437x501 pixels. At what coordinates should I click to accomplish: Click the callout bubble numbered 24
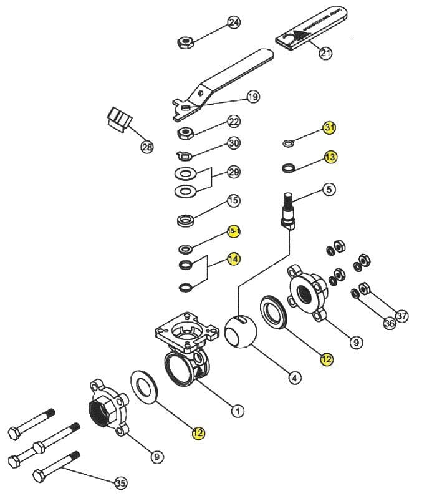(234, 23)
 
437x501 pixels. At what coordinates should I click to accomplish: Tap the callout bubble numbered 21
(325, 53)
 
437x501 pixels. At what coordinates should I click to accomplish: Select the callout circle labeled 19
(252, 97)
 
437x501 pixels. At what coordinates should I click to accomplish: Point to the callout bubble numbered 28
(147, 148)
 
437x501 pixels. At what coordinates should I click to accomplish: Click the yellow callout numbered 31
(330, 128)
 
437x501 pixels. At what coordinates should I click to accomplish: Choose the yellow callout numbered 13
(330, 157)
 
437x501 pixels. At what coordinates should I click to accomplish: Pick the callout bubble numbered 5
(329, 188)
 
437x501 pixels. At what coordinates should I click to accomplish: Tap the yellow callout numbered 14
(234, 258)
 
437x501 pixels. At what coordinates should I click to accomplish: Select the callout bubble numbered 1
(238, 411)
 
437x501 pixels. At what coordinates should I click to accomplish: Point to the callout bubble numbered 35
(120, 482)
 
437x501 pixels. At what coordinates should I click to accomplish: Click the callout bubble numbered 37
(402, 316)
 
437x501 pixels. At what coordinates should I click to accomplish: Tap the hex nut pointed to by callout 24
(185, 42)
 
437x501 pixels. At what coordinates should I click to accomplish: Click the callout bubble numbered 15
(234, 201)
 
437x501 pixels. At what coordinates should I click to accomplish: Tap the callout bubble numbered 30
(234, 143)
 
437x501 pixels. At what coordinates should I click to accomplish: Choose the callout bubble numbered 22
(234, 121)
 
